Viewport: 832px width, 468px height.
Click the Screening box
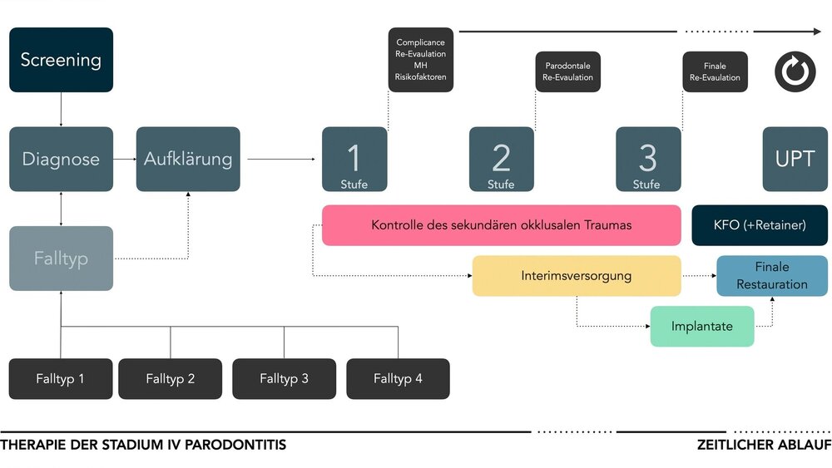click(x=61, y=60)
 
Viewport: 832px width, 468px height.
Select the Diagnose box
click(x=61, y=159)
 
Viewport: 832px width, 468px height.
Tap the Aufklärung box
click(x=188, y=159)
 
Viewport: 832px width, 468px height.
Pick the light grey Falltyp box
click(x=61, y=258)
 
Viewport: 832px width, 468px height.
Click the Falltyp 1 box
click(x=61, y=379)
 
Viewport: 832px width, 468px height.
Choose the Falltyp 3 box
click(x=284, y=379)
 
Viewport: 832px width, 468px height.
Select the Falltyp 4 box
click(x=398, y=379)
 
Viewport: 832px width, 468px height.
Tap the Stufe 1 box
click(x=354, y=159)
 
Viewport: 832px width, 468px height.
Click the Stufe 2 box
click(x=501, y=159)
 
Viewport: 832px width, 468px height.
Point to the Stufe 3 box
click(x=647, y=159)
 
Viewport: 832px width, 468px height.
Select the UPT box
click(x=795, y=159)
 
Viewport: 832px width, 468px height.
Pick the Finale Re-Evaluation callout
click(x=715, y=71)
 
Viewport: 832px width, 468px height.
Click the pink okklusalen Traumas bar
click(x=501, y=225)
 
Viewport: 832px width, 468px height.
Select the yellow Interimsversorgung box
click(x=576, y=276)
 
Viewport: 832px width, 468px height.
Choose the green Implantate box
click(x=701, y=327)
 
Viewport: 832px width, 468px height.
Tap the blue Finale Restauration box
click(x=771, y=276)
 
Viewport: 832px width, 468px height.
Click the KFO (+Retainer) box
click(x=760, y=225)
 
